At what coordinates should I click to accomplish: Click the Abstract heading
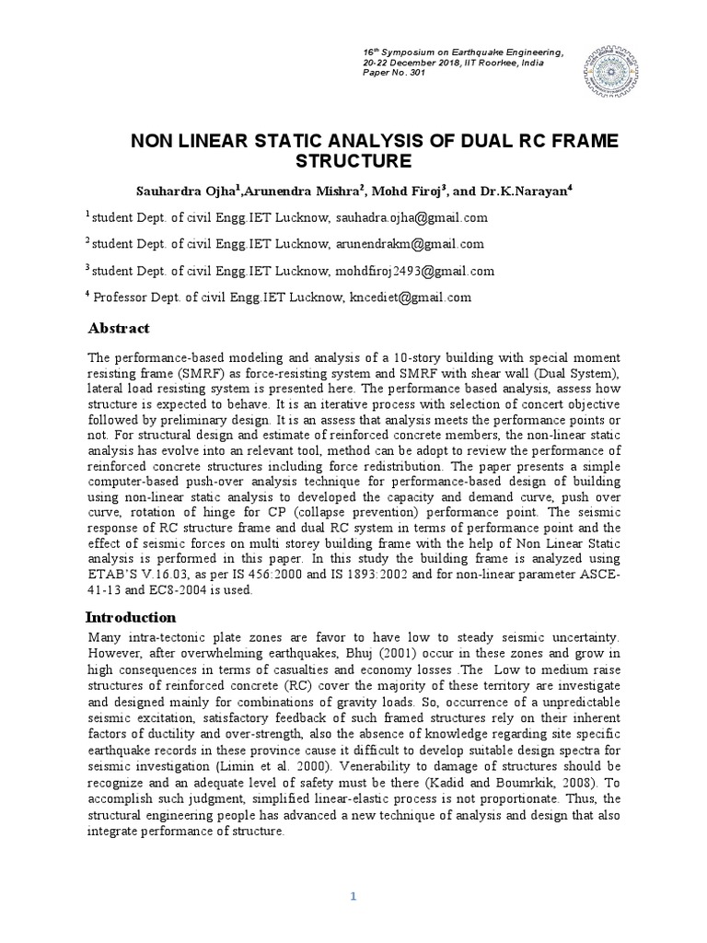pyautogui.click(x=118, y=329)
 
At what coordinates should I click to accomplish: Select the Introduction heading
pyautogui.click(x=131, y=617)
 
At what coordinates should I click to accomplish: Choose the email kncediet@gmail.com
pyautogui.click(x=408, y=297)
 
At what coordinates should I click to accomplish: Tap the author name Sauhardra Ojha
pyautogui.click(x=189, y=191)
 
